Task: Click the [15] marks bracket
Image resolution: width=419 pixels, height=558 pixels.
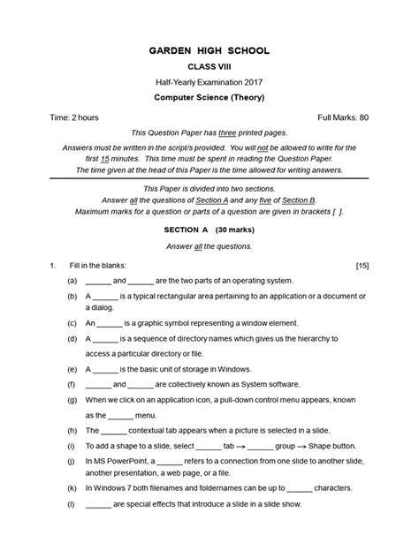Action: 362,265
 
